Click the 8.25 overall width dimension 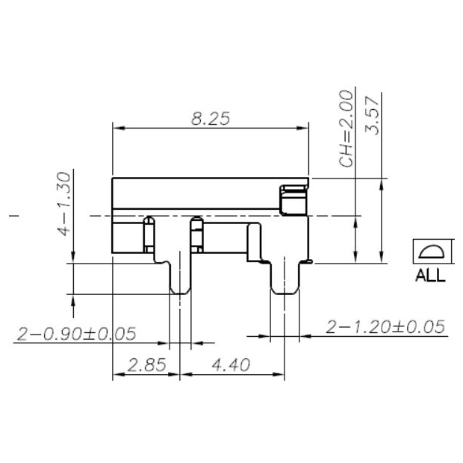click(210, 117)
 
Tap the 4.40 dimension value click(232, 365)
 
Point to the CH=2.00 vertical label click(346, 129)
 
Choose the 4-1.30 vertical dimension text click(66, 203)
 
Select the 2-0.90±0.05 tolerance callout click(75, 334)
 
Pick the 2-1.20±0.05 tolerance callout click(385, 326)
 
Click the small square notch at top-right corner click(293, 199)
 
